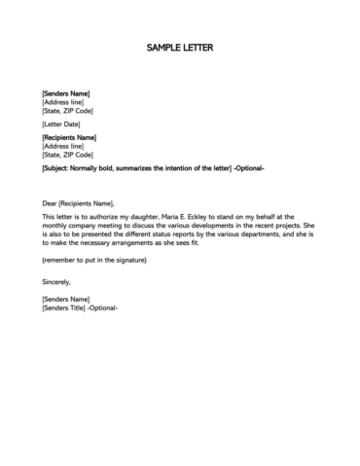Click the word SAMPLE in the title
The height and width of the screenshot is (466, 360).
[x=162, y=48]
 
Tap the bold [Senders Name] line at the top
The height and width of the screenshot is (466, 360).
[x=66, y=92]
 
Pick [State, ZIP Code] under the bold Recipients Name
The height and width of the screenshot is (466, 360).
[x=67, y=155]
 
